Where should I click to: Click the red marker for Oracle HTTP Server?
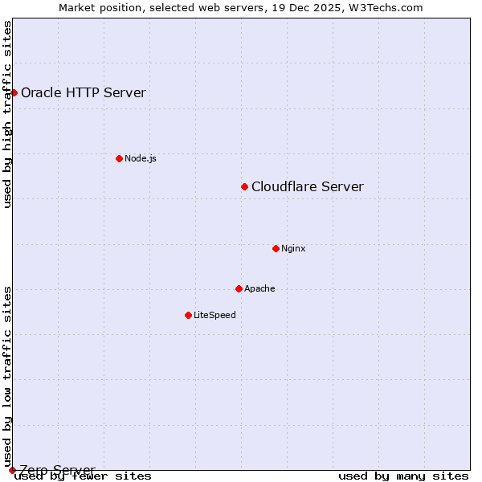14,92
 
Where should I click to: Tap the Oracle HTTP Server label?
84,92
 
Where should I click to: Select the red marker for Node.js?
119,158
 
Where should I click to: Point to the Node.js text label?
141,158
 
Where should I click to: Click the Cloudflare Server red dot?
245,186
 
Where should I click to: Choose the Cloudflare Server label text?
308,187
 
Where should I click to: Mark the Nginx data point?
276,248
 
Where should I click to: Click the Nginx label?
293,248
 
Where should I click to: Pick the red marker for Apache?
239,288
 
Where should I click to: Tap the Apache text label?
259,288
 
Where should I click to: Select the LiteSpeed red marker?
188,315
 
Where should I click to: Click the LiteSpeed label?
214,315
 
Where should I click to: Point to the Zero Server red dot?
12,470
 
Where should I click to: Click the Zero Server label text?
58,470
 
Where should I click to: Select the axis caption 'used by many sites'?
403,476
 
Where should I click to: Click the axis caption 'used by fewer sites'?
83,476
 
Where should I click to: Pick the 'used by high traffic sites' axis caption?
8,114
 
